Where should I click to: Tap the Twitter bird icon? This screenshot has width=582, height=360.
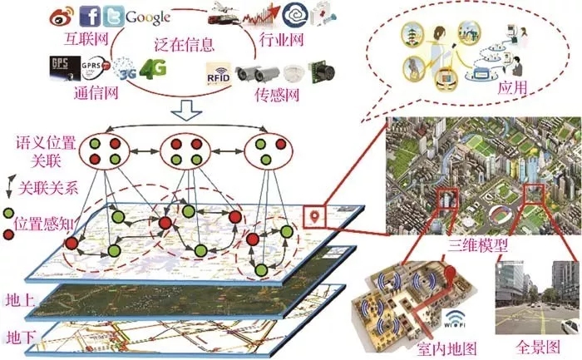click(x=114, y=16)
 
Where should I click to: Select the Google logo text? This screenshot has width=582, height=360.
click(x=149, y=16)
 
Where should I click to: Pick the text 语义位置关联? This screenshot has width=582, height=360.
click(x=37, y=148)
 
